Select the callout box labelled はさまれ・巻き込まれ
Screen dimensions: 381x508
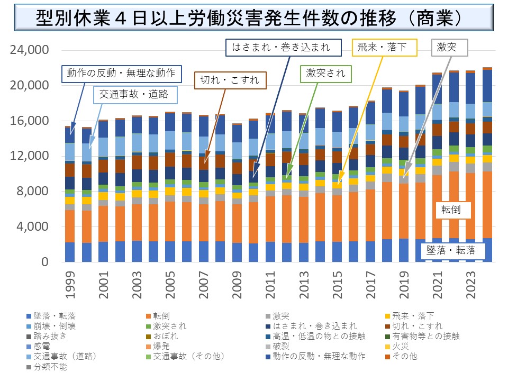[x=280, y=47]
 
